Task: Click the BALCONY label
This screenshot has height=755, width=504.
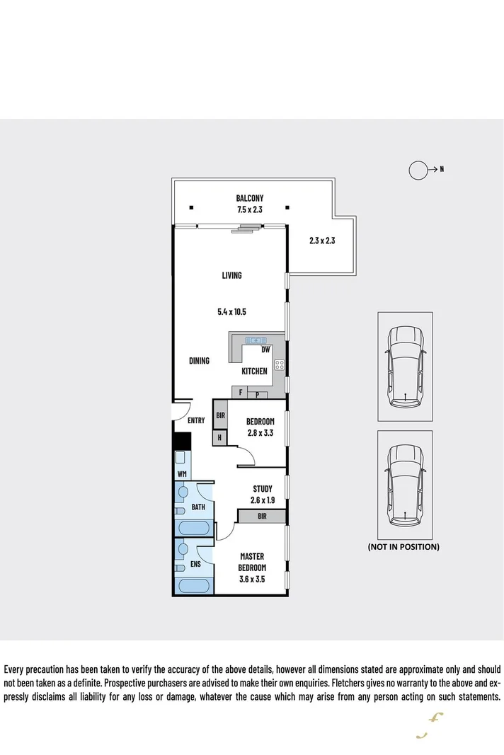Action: (x=250, y=198)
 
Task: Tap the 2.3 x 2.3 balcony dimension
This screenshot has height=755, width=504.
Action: (x=321, y=241)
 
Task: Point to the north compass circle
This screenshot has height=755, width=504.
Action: (x=419, y=170)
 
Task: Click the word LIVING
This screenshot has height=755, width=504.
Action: (x=231, y=275)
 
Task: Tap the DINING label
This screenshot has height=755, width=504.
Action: (x=199, y=361)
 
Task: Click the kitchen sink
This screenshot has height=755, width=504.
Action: (x=255, y=341)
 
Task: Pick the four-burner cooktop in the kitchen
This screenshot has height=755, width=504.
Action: (x=279, y=366)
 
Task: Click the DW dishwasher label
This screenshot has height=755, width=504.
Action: (x=265, y=350)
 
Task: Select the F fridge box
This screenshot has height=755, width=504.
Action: (x=240, y=391)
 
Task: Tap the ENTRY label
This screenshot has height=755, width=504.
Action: (x=196, y=420)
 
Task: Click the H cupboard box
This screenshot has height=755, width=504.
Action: (x=219, y=438)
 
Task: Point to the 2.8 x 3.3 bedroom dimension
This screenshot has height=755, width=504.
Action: (x=259, y=434)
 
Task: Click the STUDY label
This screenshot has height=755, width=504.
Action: (x=262, y=489)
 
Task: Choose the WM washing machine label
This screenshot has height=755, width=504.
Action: (x=182, y=473)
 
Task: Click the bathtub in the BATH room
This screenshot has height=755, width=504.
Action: (x=192, y=527)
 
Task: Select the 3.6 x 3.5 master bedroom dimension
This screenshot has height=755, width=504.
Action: (x=251, y=579)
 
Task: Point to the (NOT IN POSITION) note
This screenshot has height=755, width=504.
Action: (x=403, y=547)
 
